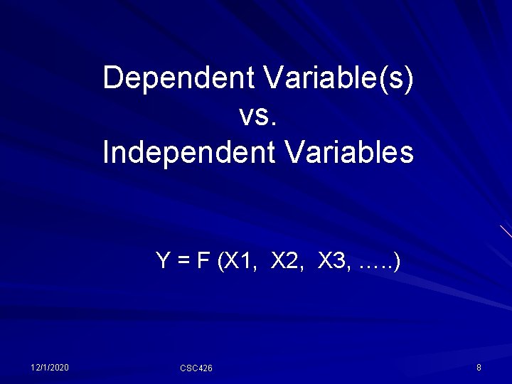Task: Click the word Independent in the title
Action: click(185, 152)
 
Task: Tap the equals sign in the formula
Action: click(182, 262)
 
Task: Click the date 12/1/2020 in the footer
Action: click(50, 367)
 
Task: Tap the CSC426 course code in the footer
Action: click(196, 368)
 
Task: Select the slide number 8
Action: click(479, 367)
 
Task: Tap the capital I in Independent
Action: click(107, 152)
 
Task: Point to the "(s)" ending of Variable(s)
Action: click(398, 79)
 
